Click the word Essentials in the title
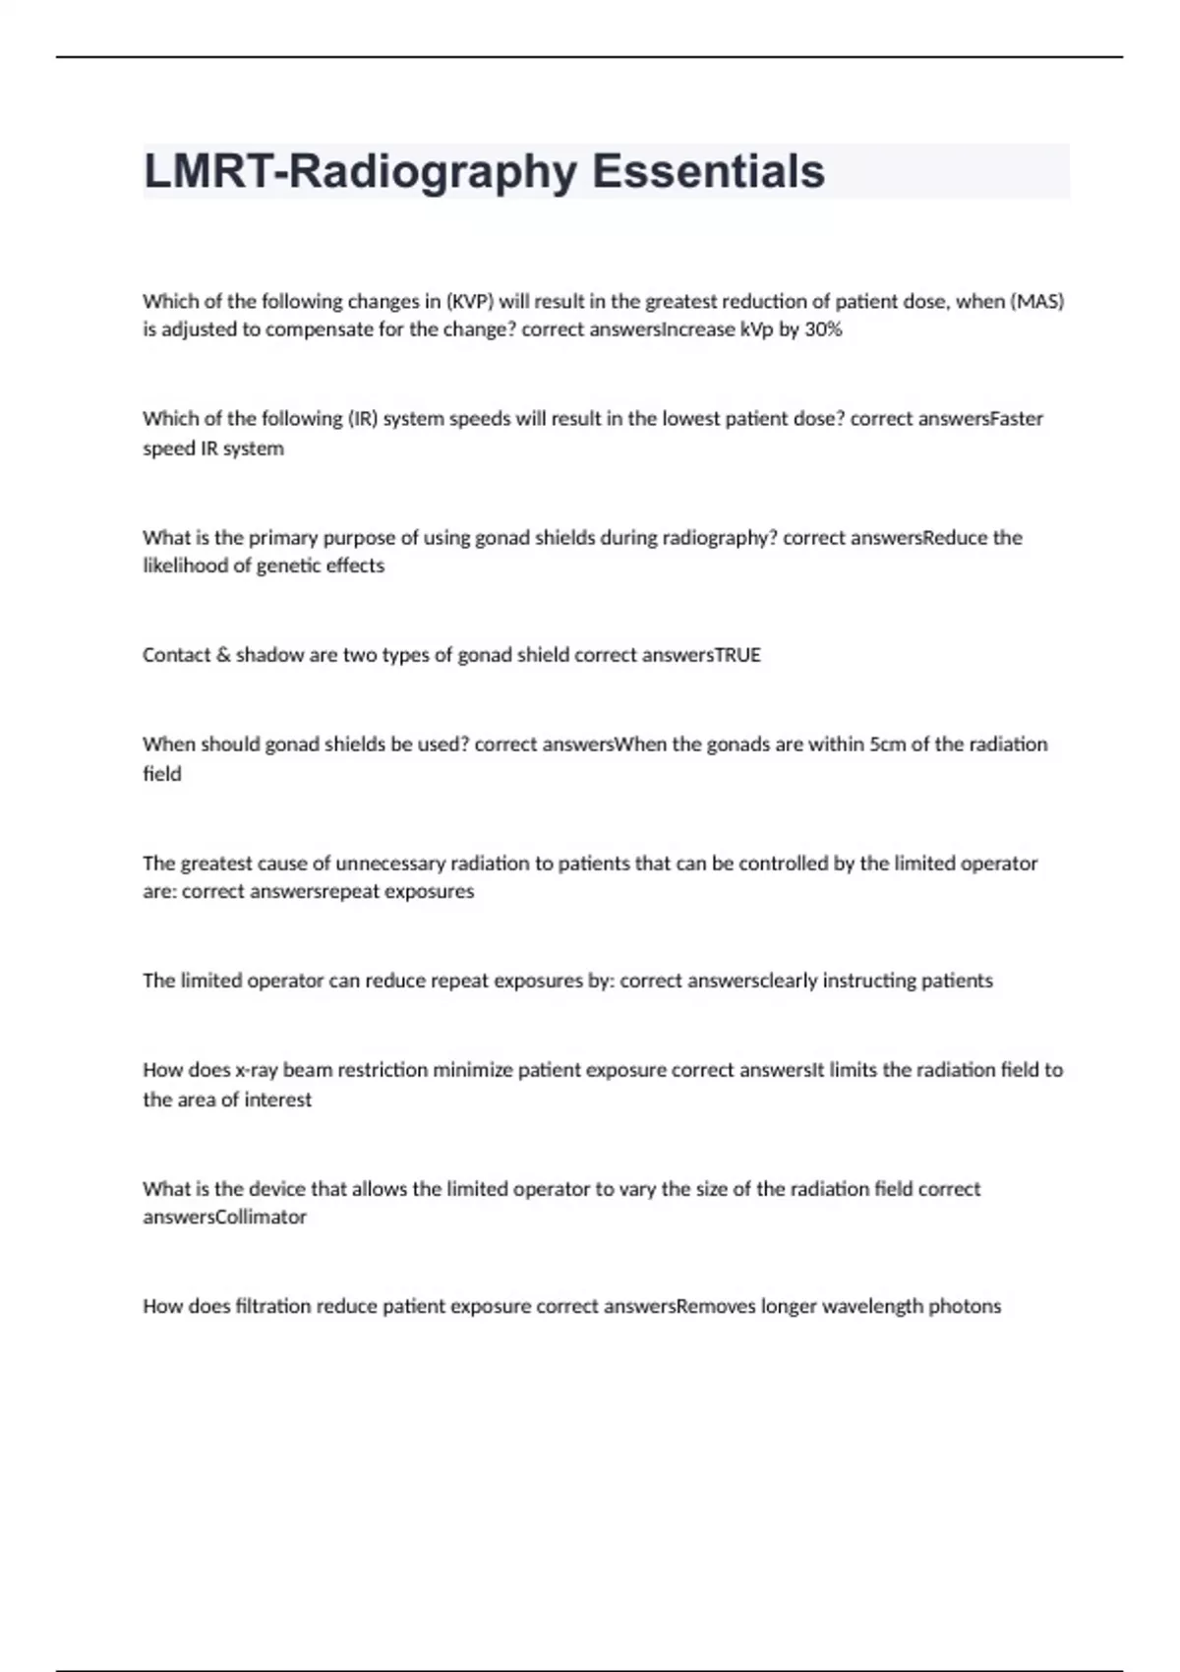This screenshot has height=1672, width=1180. click(708, 171)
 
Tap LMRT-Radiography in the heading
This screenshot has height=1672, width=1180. click(360, 171)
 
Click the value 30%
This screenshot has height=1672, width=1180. click(823, 329)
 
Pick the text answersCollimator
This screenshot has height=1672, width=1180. click(225, 1217)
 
